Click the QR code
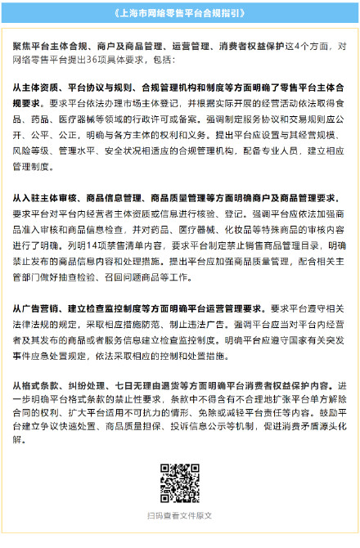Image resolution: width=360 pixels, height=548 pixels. point(179,482)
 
